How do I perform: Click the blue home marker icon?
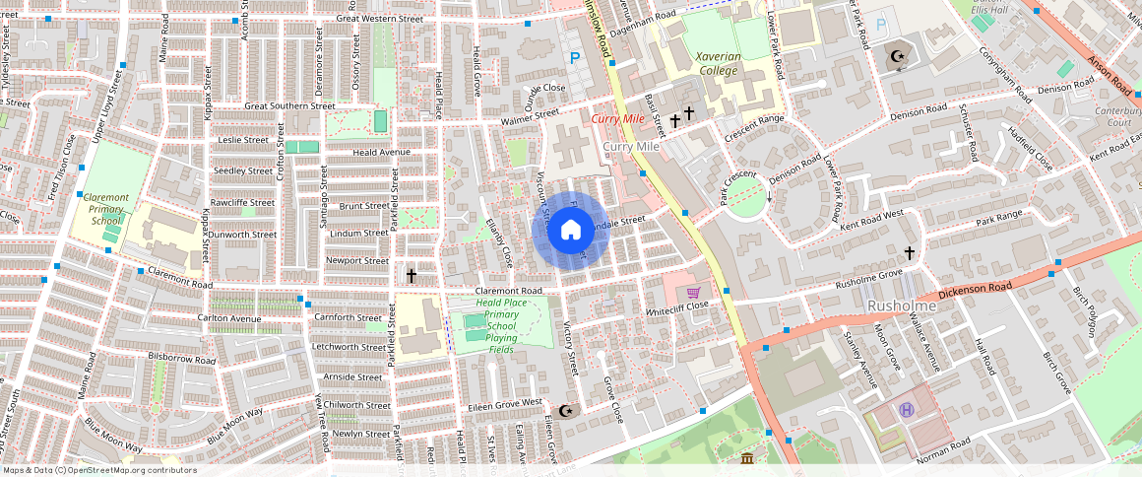[x=570, y=231]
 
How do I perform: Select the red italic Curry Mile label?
[x=617, y=119]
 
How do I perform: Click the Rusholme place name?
[x=901, y=307]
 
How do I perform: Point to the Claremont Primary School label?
[x=106, y=209]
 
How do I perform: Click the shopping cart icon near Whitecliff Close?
[x=693, y=292]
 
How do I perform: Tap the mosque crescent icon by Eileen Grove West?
[x=565, y=410]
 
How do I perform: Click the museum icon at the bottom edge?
[x=747, y=458]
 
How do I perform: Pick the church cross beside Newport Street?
[x=412, y=276]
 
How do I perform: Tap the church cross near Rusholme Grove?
[x=910, y=253]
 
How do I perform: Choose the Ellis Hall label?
[x=985, y=9]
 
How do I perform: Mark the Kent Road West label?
[x=872, y=220]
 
